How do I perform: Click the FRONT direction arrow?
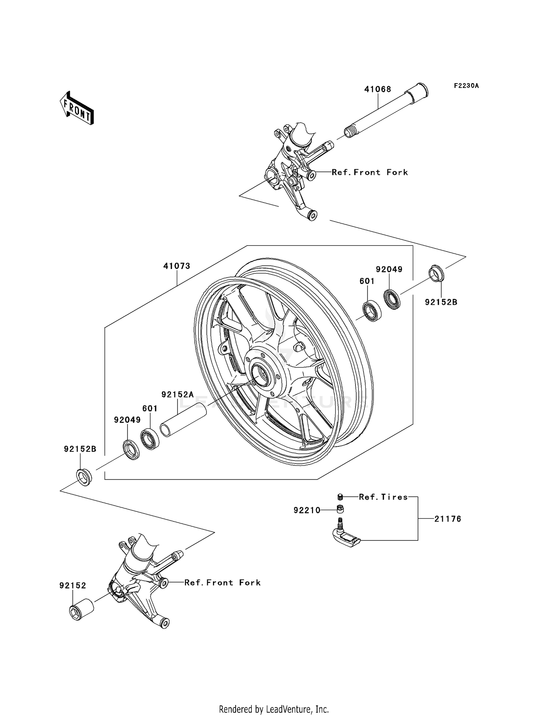(x=77, y=108)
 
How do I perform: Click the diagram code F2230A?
(x=466, y=86)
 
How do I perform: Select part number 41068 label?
(x=377, y=89)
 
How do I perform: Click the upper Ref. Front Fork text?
(x=370, y=172)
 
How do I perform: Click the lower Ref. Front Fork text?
(x=222, y=583)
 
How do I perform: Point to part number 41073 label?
(x=177, y=266)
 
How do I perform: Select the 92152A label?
(x=178, y=394)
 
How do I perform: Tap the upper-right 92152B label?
(x=441, y=302)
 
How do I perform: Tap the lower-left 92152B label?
(x=80, y=449)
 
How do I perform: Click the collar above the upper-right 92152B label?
(x=436, y=273)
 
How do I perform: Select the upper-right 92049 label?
(x=389, y=269)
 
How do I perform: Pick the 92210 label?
(x=307, y=511)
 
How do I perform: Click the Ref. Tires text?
(x=383, y=497)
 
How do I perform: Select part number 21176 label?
(x=448, y=519)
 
